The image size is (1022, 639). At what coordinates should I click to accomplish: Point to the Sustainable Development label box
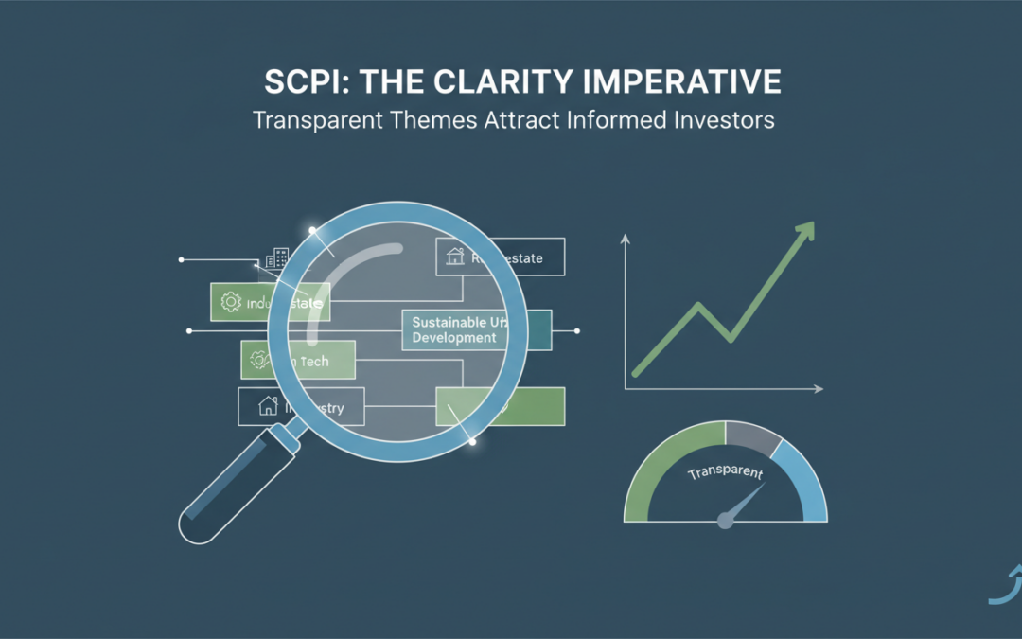point(454,329)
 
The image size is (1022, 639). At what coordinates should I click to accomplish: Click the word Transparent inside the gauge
point(726,472)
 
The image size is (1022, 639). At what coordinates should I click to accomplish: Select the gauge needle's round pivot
point(726,520)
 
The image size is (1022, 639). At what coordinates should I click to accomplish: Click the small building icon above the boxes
point(277,257)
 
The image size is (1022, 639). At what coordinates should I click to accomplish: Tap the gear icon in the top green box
point(230,303)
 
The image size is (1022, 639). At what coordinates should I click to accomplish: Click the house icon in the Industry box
point(268,407)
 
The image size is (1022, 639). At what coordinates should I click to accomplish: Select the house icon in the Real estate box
point(454,256)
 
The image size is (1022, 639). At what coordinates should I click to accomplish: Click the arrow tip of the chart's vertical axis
point(625,239)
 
